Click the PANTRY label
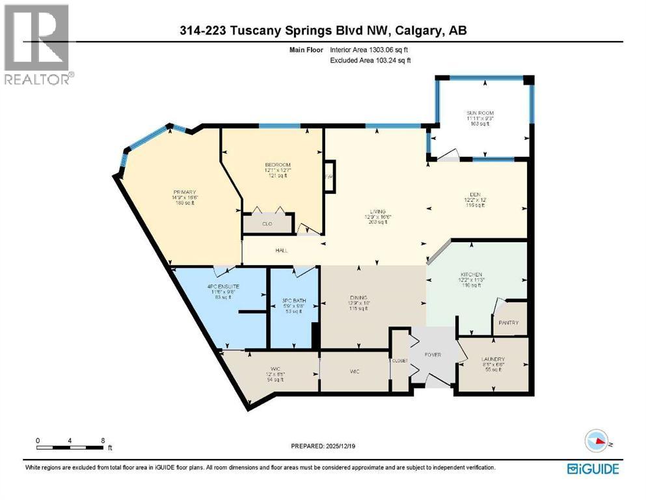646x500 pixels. point(507,322)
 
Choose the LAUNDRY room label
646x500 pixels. point(494,359)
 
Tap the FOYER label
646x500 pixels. point(433,355)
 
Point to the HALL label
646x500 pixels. point(281,250)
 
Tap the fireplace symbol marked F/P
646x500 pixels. point(329,176)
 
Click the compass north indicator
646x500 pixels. point(599,443)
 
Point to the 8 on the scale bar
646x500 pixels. point(102,440)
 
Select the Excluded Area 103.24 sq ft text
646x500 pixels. point(370,60)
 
